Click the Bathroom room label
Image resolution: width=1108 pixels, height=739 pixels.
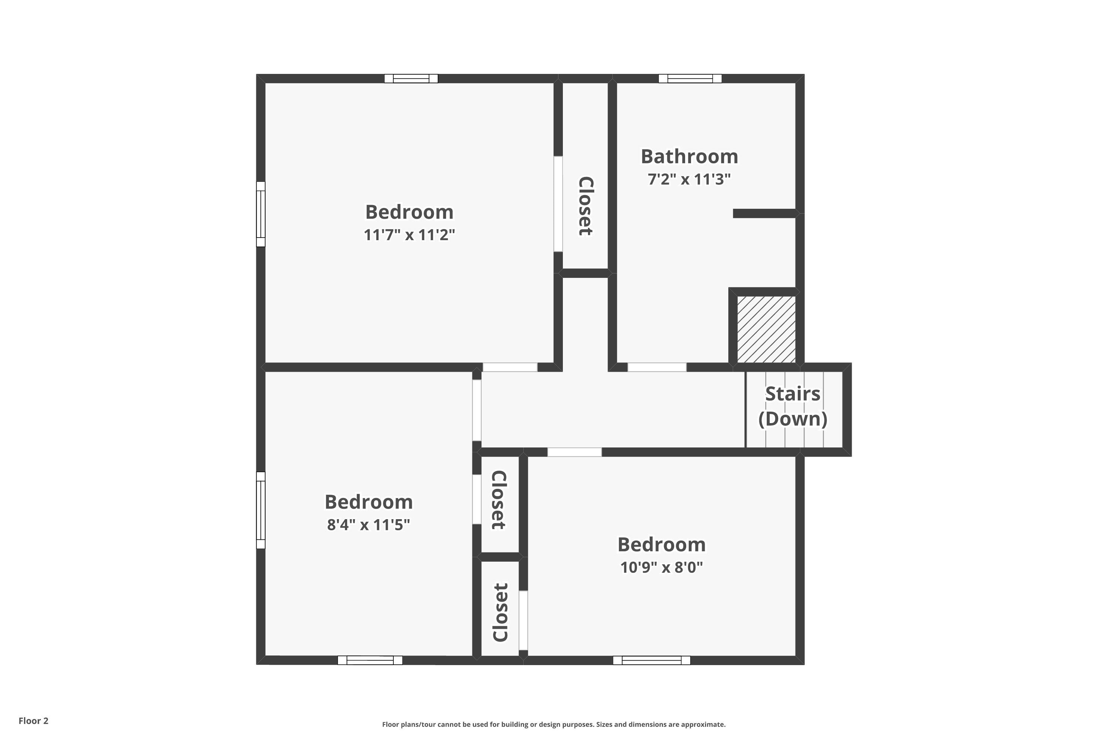tap(689, 156)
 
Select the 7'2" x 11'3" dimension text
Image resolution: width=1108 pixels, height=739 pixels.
tap(689, 180)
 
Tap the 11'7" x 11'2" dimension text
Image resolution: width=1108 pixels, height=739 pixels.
tap(409, 235)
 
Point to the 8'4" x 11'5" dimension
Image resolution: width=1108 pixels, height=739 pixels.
tap(368, 525)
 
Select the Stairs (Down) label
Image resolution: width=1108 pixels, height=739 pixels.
tap(793, 406)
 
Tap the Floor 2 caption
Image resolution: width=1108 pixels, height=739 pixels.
tap(34, 721)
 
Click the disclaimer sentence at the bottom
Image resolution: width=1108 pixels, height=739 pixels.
tap(554, 724)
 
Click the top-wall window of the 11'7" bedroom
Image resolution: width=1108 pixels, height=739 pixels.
tap(411, 79)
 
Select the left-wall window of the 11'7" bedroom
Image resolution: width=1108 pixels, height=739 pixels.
tap(260, 214)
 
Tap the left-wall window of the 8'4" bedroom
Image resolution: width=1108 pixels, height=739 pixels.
tap(260, 510)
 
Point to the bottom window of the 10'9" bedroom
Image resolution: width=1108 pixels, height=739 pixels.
tap(651, 660)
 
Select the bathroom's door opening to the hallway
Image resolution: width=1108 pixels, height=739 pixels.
tap(657, 367)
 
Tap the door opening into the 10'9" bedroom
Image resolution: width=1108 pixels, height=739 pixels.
tap(574, 452)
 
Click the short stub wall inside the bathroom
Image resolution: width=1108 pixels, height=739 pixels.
tap(764, 214)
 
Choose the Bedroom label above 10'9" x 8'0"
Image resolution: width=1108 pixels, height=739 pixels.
tap(661, 545)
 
